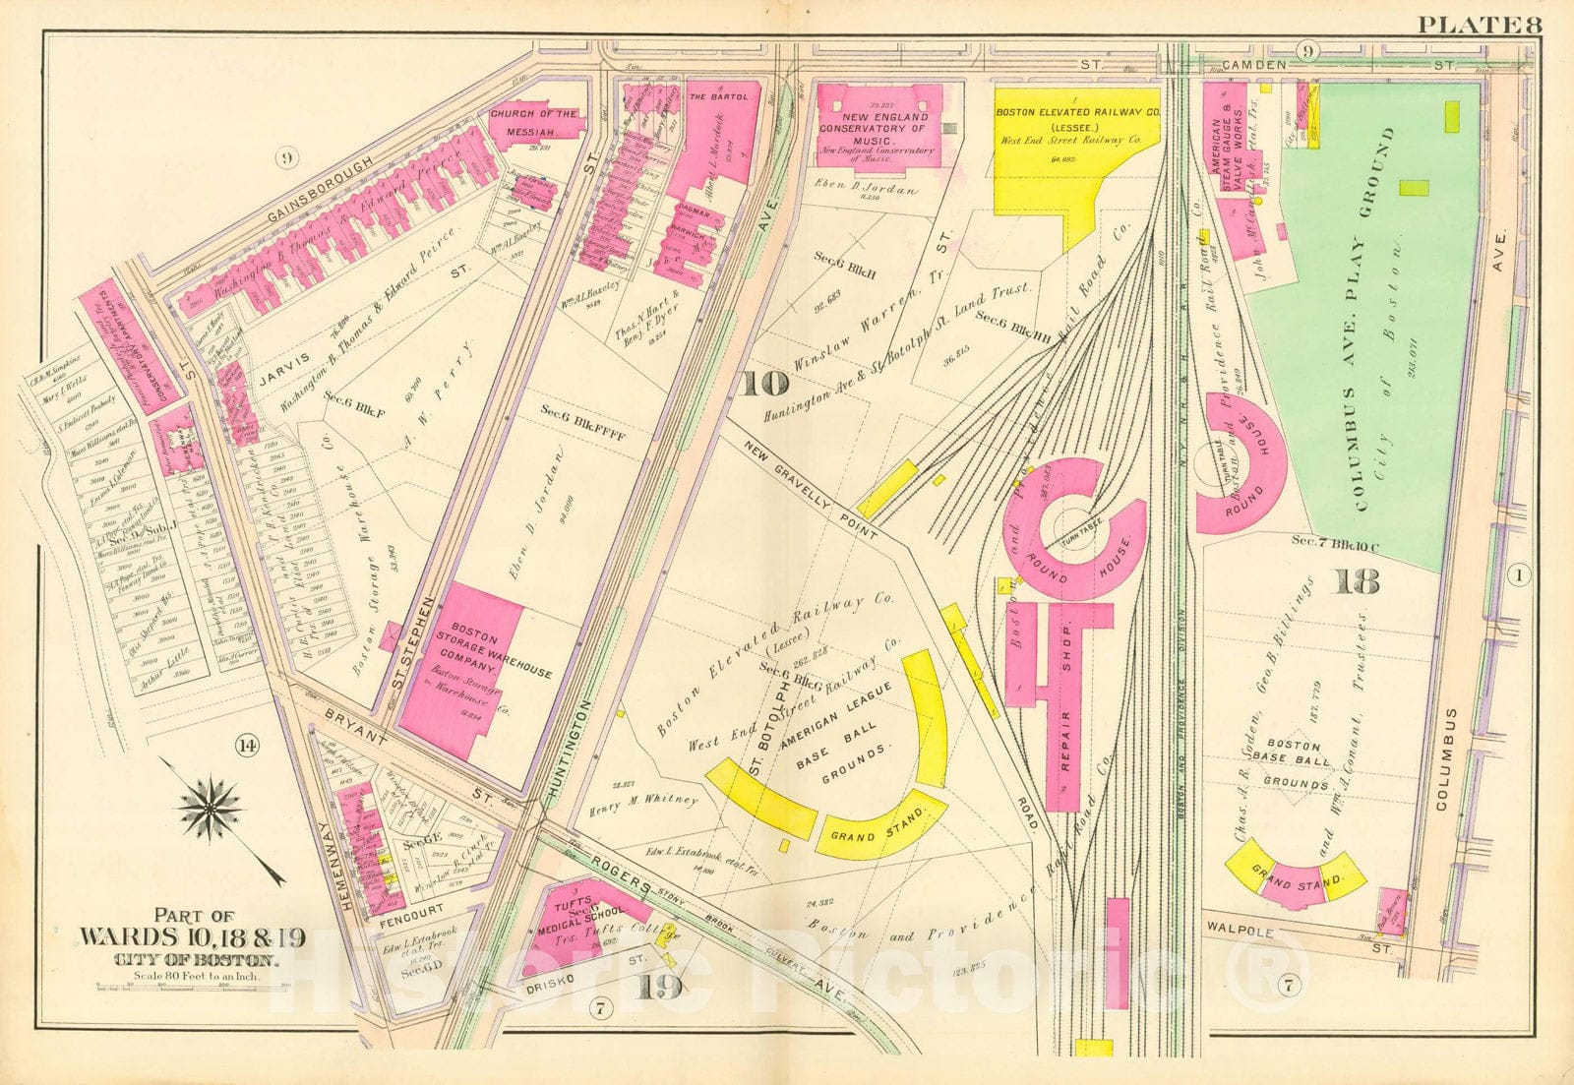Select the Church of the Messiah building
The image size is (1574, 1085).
click(x=534, y=123)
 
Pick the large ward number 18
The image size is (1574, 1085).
click(x=1359, y=583)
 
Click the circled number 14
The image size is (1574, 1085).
click(x=247, y=747)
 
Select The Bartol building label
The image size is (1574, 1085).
click(x=724, y=96)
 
